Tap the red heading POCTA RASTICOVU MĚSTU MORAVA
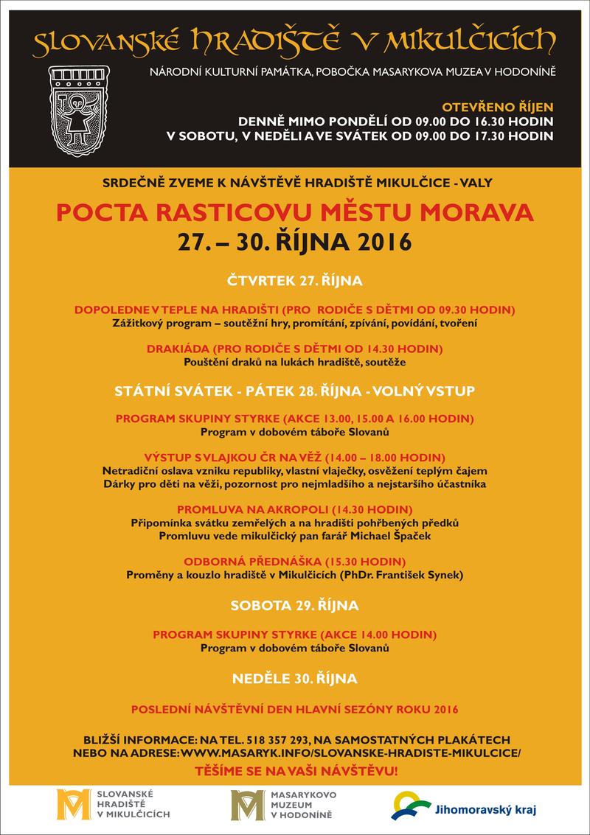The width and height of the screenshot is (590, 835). (294, 214)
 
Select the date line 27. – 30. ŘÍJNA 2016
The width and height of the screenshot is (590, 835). (294, 241)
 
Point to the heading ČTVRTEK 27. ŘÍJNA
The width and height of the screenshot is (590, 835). (294, 281)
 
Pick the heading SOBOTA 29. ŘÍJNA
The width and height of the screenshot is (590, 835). (294, 606)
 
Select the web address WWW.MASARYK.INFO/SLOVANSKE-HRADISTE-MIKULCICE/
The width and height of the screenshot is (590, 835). (350, 753)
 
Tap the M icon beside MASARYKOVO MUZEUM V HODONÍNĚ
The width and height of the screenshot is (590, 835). (246, 804)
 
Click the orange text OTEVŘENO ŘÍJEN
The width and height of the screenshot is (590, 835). (502, 106)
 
